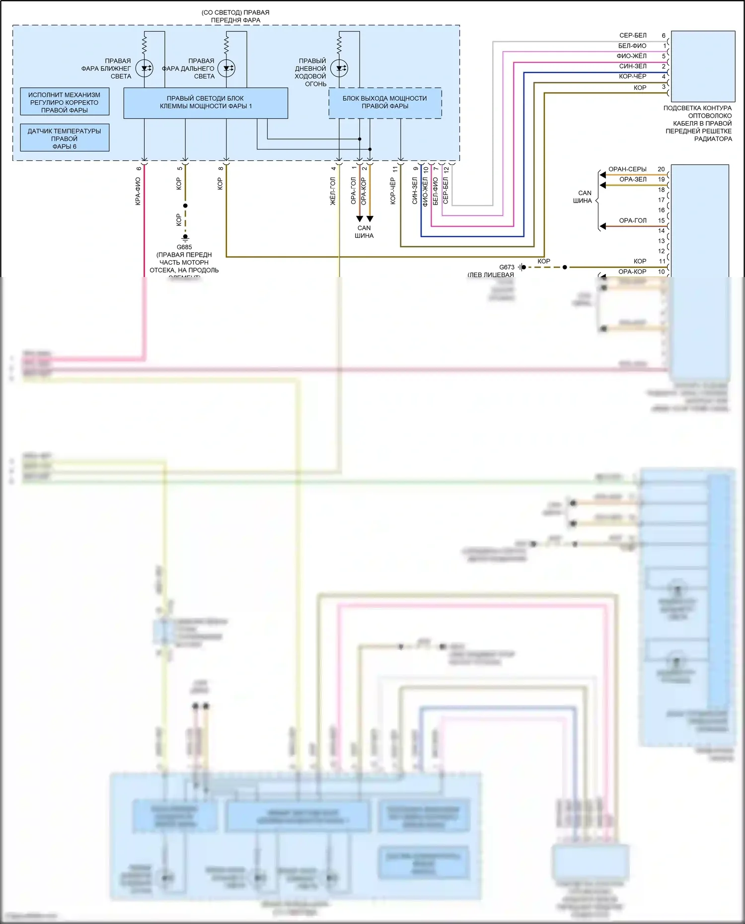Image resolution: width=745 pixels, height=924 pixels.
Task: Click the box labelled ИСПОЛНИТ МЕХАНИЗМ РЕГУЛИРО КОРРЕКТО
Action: (x=65, y=102)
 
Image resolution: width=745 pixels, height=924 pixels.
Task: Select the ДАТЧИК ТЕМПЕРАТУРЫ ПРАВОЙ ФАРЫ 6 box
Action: (x=65, y=138)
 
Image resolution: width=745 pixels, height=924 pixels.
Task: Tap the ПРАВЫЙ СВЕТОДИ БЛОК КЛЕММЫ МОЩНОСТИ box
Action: (x=206, y=103)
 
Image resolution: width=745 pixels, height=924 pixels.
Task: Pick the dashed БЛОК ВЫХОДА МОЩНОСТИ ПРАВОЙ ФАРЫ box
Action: (x=385, y=103)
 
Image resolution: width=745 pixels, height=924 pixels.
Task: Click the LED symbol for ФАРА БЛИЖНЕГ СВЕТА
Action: (x=145, y=69)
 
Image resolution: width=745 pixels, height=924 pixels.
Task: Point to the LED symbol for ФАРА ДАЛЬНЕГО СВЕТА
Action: (x=226, y=69)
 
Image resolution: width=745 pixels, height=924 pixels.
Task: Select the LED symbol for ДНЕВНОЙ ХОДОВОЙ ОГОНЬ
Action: (x=339, y=69)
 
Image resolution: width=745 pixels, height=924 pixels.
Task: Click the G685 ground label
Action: (x=184, y=247)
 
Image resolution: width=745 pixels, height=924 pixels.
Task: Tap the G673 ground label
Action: (x=507, y=267)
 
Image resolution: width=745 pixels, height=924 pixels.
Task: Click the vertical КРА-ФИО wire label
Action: (x=138, y=191)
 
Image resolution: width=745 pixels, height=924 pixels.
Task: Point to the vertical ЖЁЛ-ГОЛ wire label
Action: (x=333, y=191)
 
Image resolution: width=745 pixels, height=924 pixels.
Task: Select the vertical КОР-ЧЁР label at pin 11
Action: (x=393, y=191)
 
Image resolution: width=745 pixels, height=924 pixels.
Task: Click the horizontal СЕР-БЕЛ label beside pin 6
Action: (x=633, y=35)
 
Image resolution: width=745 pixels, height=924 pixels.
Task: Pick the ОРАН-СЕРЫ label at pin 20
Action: (x=627, y=169)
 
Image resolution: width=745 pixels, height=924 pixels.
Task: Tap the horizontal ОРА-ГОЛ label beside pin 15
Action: (x=633, y=220)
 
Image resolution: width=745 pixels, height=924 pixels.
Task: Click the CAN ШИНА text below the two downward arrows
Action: (x=364, y=232)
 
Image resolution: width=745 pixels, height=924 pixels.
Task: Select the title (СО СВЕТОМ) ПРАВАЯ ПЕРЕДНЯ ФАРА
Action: (x=235, y=16)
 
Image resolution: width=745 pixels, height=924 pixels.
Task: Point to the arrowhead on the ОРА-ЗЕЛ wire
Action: (x=603, y=185)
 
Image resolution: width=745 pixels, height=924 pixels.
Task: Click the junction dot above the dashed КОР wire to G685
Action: (x=185, y=206)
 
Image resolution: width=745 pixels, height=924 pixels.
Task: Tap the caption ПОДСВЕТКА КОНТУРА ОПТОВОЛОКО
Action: (x=698, y=112)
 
